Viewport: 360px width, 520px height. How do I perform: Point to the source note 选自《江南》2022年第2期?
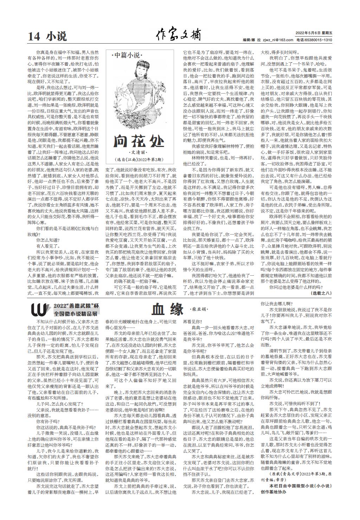tap(139, 160)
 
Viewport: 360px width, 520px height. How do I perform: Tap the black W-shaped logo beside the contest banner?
tap(39, 309)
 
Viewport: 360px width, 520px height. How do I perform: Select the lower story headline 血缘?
tap(168, 309)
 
